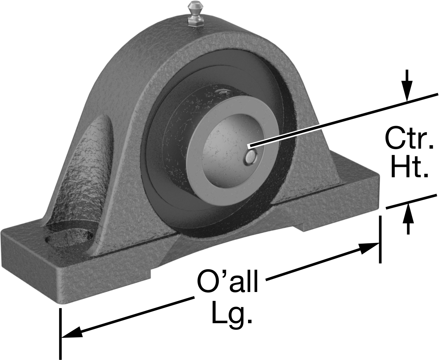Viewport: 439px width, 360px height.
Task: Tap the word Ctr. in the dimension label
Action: [409, 138]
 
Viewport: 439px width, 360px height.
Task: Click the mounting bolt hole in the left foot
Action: [69, 238]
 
